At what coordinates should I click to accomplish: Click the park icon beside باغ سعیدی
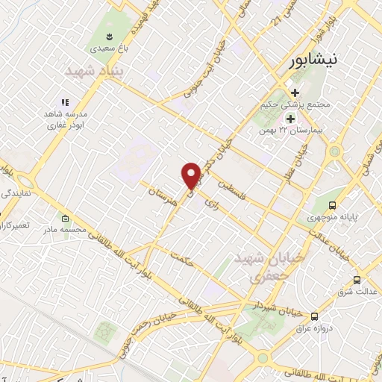(x=110, y=36)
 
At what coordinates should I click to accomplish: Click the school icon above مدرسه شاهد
(x=65, y=102)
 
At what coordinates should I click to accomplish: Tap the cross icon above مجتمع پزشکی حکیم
(x=296, y=93)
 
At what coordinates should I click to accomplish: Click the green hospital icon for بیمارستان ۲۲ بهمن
(x=289, y=119)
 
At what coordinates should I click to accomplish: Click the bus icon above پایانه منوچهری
(x=332, y=206)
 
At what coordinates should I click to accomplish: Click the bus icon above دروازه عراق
(x=314, y=316)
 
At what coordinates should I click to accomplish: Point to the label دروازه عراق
(x=316, y=329)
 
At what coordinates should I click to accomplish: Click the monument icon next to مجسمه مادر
(x=66, y=219)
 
